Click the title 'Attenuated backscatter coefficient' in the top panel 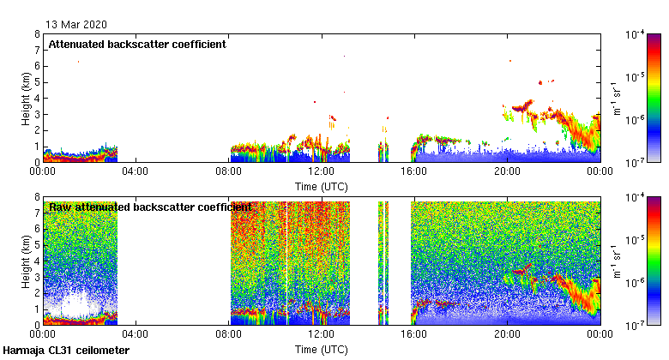tap(137, 45)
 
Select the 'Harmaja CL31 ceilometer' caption tap(66, 351)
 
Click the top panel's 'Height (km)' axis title tap(27, 99)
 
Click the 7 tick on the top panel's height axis tap(38, 51)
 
